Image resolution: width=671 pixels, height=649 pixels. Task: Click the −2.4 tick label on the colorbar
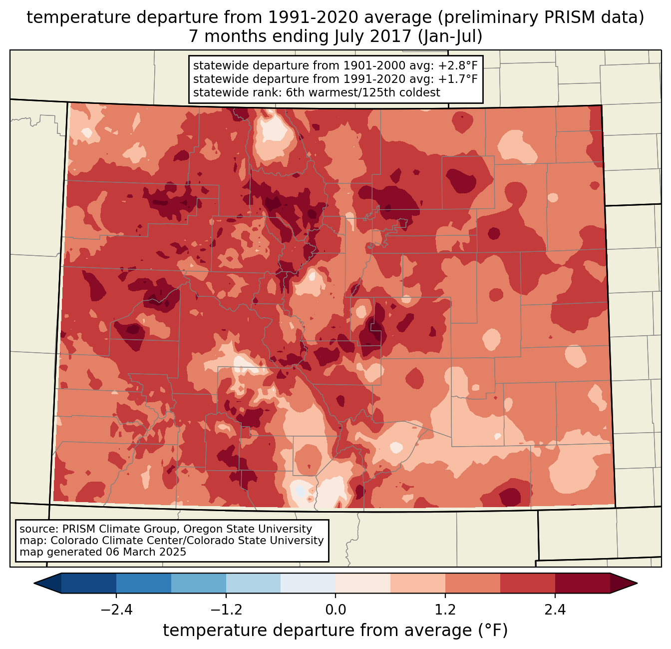coord(116,610)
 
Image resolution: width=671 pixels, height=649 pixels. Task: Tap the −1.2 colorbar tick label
coord(226,610)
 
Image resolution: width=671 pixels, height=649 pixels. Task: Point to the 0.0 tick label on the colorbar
coord(335,610)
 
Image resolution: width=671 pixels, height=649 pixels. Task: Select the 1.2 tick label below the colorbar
coord(445,610)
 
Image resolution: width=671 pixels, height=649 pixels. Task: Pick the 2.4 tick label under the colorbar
coord(555,610)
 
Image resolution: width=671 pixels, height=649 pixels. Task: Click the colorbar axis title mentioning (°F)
coord(335,631)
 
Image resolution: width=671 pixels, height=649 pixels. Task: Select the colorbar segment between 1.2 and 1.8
coord(473,583)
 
